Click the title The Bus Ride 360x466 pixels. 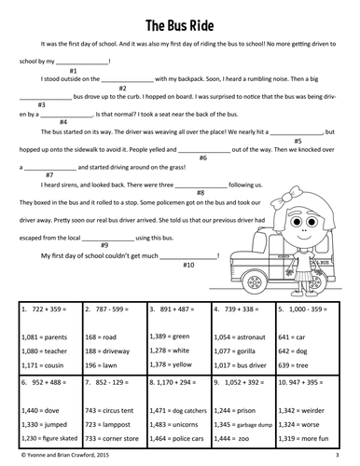180,21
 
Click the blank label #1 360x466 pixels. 74,71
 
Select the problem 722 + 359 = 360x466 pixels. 46,308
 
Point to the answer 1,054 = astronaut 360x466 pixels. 240,336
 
